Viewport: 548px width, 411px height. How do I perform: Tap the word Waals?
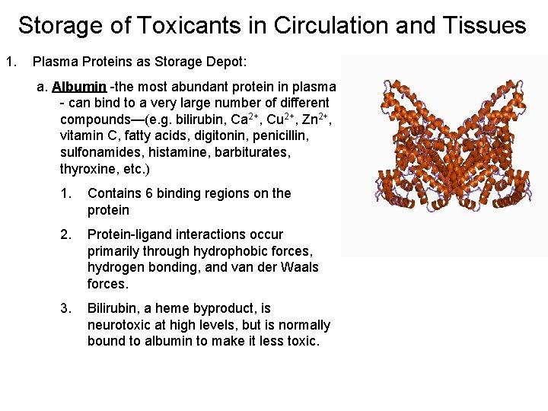[x=296, y=268]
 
